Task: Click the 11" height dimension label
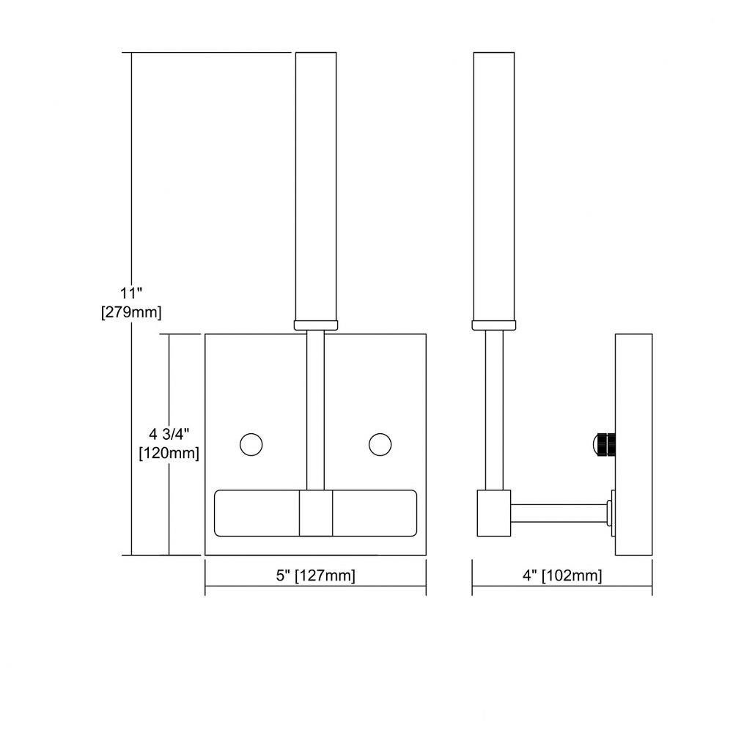click(x=131, y=294)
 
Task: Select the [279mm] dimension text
click(x=131, y=312)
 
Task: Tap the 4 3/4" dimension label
click(x=169, y=434)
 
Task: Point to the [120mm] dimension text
click(x=169, y=453)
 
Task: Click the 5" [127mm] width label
click(x=315, y=575)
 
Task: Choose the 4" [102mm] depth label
click(x=562, y=575)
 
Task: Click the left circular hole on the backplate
click(x=251, y=444)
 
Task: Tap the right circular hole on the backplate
click(x=380, y=444)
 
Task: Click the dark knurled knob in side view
click(x=605, y=444)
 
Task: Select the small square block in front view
click(x=316, y=513)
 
